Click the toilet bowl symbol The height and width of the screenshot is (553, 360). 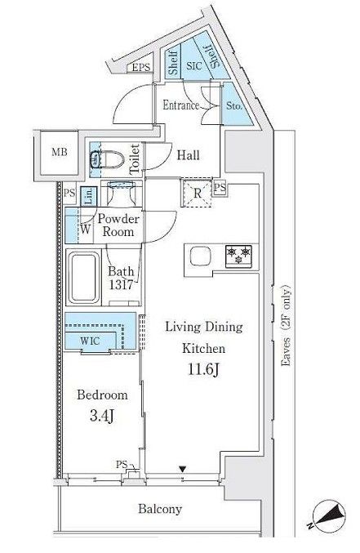point(107,159)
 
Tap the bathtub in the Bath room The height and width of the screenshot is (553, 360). point(83,277)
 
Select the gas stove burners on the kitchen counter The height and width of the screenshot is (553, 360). point(238,256)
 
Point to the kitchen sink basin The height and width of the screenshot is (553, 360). point(201,256)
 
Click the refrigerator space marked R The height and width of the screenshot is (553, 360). point(197,193)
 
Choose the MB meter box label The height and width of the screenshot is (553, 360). point(60,153)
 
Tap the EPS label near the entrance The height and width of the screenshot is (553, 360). point(141,67)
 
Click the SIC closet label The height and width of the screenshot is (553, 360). point(194,65)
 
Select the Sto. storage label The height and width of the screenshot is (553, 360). point(234,105)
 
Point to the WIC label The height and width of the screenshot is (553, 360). point(90,341)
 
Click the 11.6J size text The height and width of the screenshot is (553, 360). point(204,369)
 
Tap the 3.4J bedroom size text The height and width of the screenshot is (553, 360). point(101,416)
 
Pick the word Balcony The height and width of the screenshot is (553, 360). point(160,509)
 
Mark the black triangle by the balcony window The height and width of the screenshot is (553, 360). point(182,469)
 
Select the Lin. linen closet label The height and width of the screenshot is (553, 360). point(88,196)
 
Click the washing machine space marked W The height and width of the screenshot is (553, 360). point(85,230)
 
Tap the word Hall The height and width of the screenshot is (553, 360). point(189,155)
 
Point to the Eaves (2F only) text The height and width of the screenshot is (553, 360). point(287,325)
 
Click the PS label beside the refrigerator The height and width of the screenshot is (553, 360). point(220,187)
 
